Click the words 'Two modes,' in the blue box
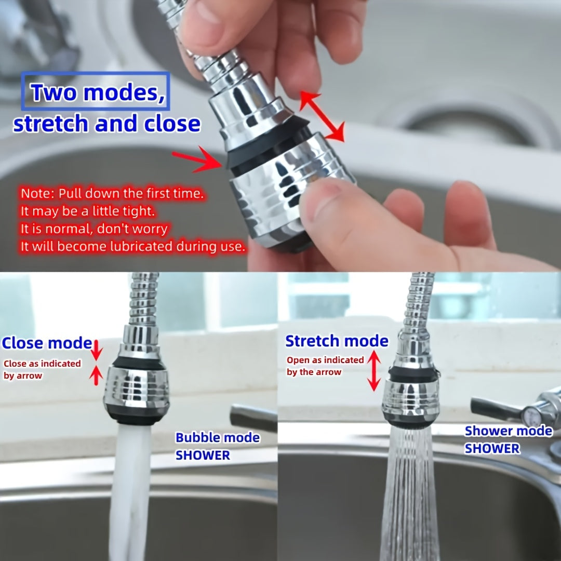[95, 92]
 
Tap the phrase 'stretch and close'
[106, 124]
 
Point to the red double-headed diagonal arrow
[322, 117]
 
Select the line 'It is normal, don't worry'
[94, 229]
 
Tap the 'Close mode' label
[47, 343]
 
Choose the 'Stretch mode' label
[337, 341]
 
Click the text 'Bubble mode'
[217, 437]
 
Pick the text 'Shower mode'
[508, 431]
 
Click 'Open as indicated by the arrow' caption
[325, 366]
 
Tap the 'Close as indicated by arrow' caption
[42, 369]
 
